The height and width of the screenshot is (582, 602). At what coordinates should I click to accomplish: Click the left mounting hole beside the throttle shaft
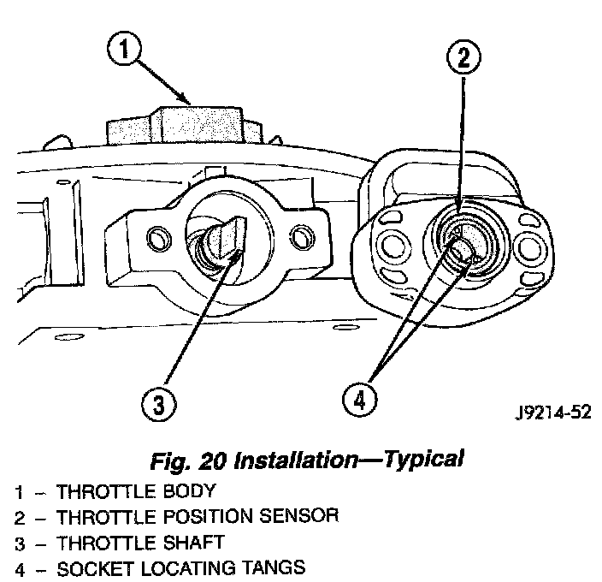pos(155,235)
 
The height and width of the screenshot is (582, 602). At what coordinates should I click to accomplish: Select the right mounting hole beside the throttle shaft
pos(300,234)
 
